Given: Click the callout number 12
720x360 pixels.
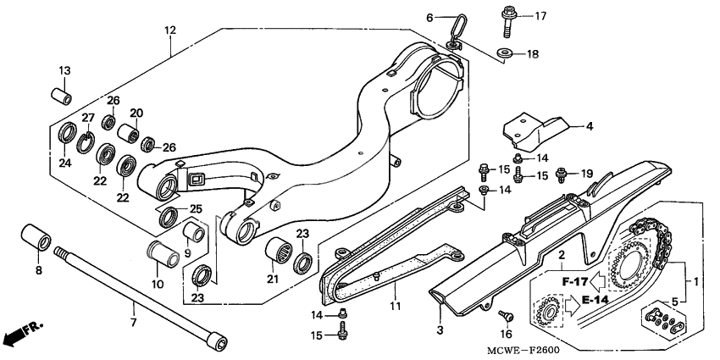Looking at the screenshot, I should pos(169,30).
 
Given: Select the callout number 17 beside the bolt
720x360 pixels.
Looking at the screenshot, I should pos(540,15).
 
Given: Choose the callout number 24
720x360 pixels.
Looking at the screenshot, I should pos(65,163).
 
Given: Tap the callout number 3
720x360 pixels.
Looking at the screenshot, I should pos(440,328).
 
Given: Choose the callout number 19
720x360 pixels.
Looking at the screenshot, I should pos(585,175).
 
